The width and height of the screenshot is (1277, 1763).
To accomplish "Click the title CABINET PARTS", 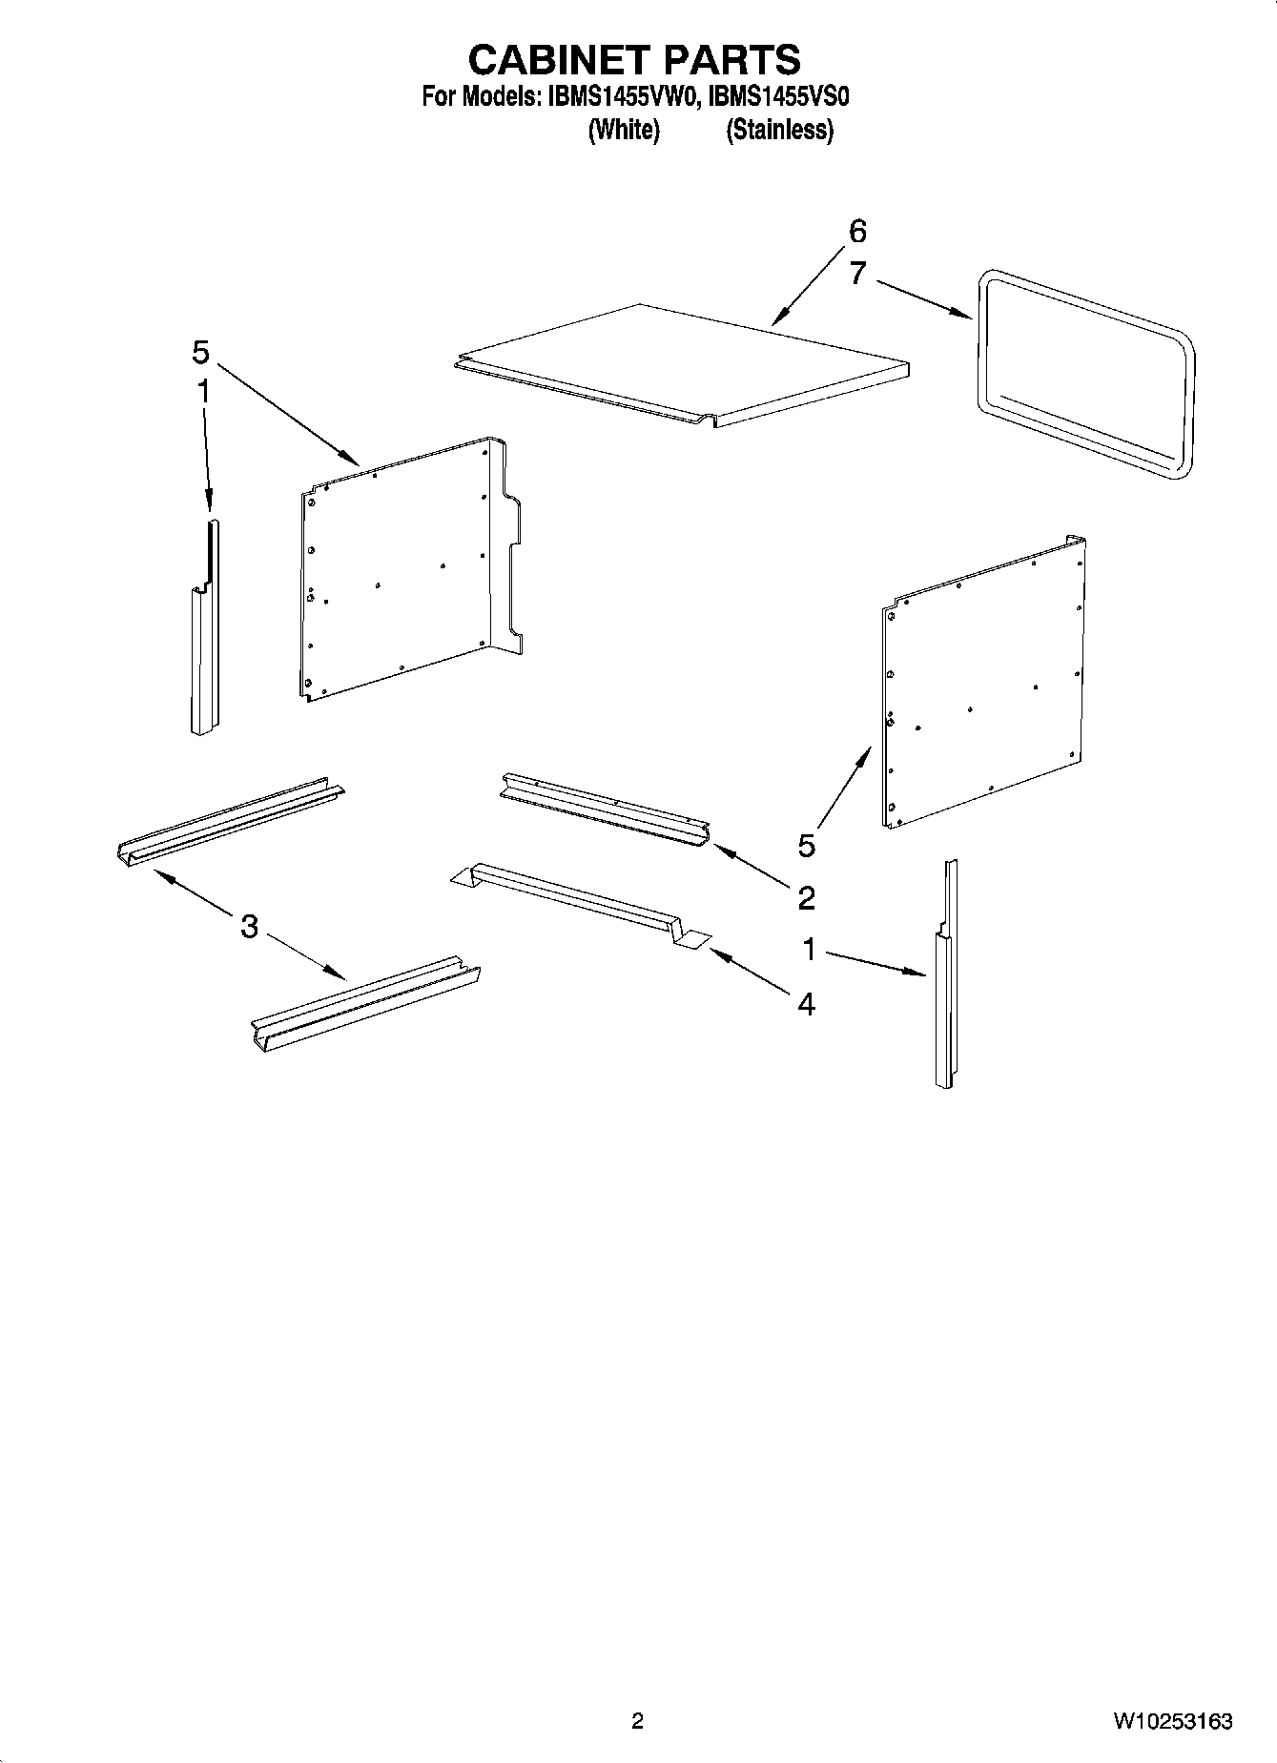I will click(x=634, y=59).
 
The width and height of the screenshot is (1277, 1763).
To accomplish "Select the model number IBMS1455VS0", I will click(x=779, y=97).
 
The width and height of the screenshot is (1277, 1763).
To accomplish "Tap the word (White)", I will click(x=624, y=130).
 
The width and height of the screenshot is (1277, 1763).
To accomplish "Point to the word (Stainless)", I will click(x=779, y=130).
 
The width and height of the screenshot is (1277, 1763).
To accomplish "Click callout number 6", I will click(x=856, y=232).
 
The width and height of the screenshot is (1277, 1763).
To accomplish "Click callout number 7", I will click(x=856, y=274).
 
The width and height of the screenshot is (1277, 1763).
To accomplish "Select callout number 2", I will click(x=806, y=897).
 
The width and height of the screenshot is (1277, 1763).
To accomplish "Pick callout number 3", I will click(x=249, y=926).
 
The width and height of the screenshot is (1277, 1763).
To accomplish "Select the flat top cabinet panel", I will click(x=679, y=362).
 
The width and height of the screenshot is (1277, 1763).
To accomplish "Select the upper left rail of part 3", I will click(x=229, y=821).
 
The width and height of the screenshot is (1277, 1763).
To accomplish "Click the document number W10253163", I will click(x=1171, y=1721).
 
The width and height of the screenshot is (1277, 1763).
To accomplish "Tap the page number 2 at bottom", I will click(x=637, y=1721).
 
